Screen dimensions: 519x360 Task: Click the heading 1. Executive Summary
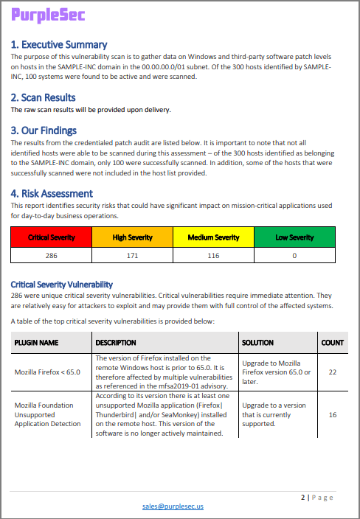[59, 44]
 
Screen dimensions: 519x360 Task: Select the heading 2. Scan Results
[43, 97]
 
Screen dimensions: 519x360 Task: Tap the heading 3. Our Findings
[46, 130]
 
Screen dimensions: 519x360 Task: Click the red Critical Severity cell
[51, 237]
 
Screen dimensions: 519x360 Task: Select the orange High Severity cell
[132, 237]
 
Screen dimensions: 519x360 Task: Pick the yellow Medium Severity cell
[213, 237]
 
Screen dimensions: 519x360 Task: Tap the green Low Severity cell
[294, 237]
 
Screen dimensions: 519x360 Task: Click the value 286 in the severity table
[51, 254]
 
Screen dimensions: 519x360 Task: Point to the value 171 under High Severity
[132, 254]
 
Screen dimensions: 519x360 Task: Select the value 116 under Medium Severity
[213, 254]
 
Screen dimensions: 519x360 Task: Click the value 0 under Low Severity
[294, 254]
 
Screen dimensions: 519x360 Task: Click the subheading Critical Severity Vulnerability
[62, 285]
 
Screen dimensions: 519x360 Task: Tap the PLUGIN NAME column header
[36, 342]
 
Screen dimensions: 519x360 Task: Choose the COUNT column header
[332, 342]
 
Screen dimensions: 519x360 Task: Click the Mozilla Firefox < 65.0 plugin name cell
[48, 372]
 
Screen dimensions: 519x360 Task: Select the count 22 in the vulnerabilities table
[332, 372]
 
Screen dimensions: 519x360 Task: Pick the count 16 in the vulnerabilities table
[332, 415]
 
